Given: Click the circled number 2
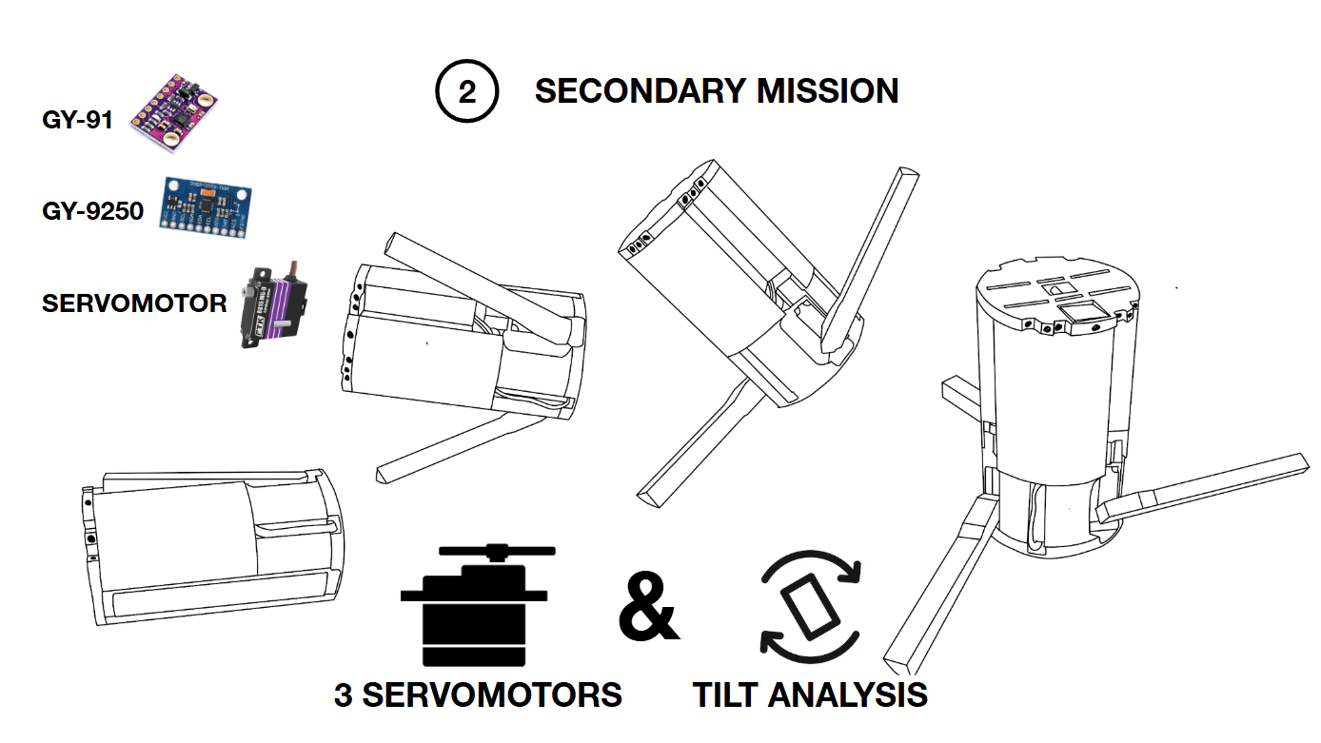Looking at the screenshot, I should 466,92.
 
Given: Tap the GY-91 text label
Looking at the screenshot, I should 77,121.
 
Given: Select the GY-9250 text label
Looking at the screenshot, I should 92,210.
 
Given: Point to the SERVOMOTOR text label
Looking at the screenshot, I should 134,303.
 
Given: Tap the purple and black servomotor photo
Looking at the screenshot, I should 275,304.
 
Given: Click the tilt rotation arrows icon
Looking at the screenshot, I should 810,605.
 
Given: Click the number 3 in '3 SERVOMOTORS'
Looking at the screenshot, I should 344,695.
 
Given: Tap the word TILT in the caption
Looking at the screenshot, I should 726,695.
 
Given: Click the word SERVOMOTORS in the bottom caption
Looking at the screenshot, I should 492,695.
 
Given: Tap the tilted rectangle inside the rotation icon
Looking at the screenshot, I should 810,606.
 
